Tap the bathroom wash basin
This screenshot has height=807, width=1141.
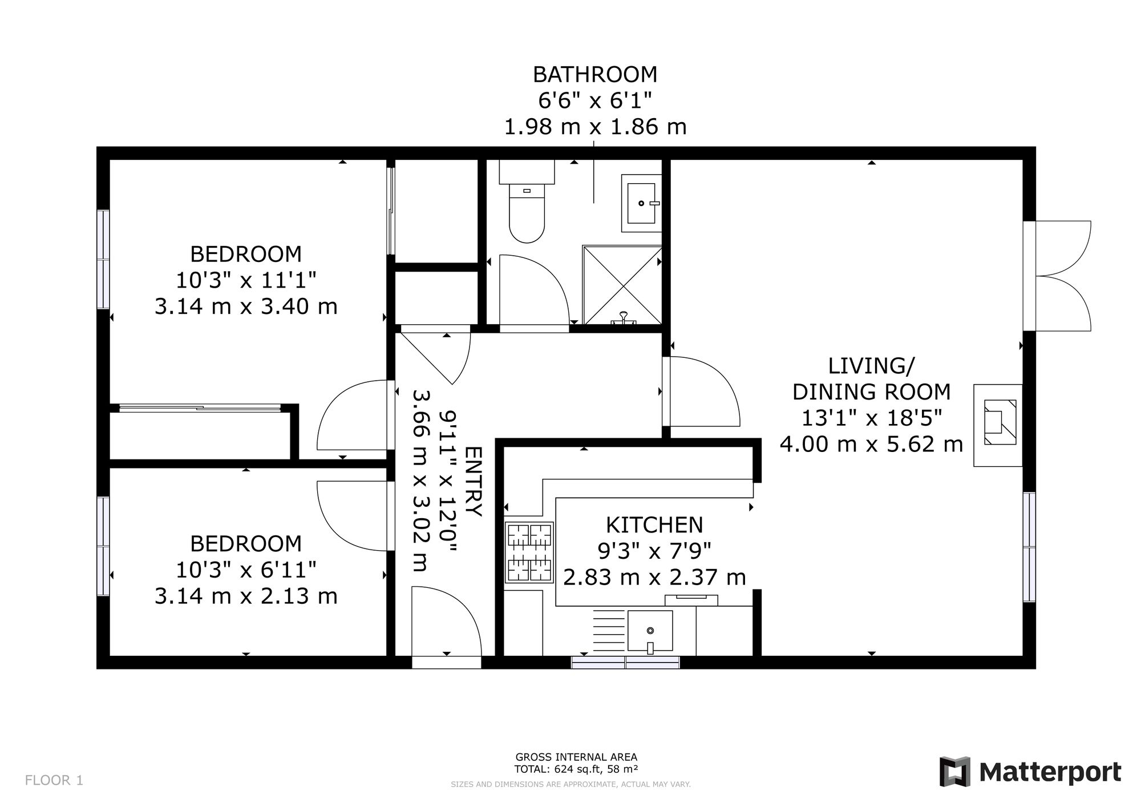(641, 203)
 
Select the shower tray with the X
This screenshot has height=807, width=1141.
(622, 285)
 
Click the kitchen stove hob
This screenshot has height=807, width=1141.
(529, 552)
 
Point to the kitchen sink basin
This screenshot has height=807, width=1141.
(650, 631)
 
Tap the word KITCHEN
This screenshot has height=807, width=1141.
(654, 524)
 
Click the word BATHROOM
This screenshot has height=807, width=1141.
(595, 75)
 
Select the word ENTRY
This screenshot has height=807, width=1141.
(474, 481)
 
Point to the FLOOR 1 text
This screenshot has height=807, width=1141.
(54, 780)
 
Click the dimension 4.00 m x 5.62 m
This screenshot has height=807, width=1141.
(871, 444)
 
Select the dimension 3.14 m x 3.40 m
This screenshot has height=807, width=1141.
(246, 306)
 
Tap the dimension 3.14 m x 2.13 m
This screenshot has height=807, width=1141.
(246, 596)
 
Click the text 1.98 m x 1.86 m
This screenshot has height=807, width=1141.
(595, 127)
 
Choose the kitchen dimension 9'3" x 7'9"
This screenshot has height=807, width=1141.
(654, 551)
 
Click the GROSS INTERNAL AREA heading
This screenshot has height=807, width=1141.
(576, 757)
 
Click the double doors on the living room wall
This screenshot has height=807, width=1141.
(1057, 276)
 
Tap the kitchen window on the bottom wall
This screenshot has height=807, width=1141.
(625, 662)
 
